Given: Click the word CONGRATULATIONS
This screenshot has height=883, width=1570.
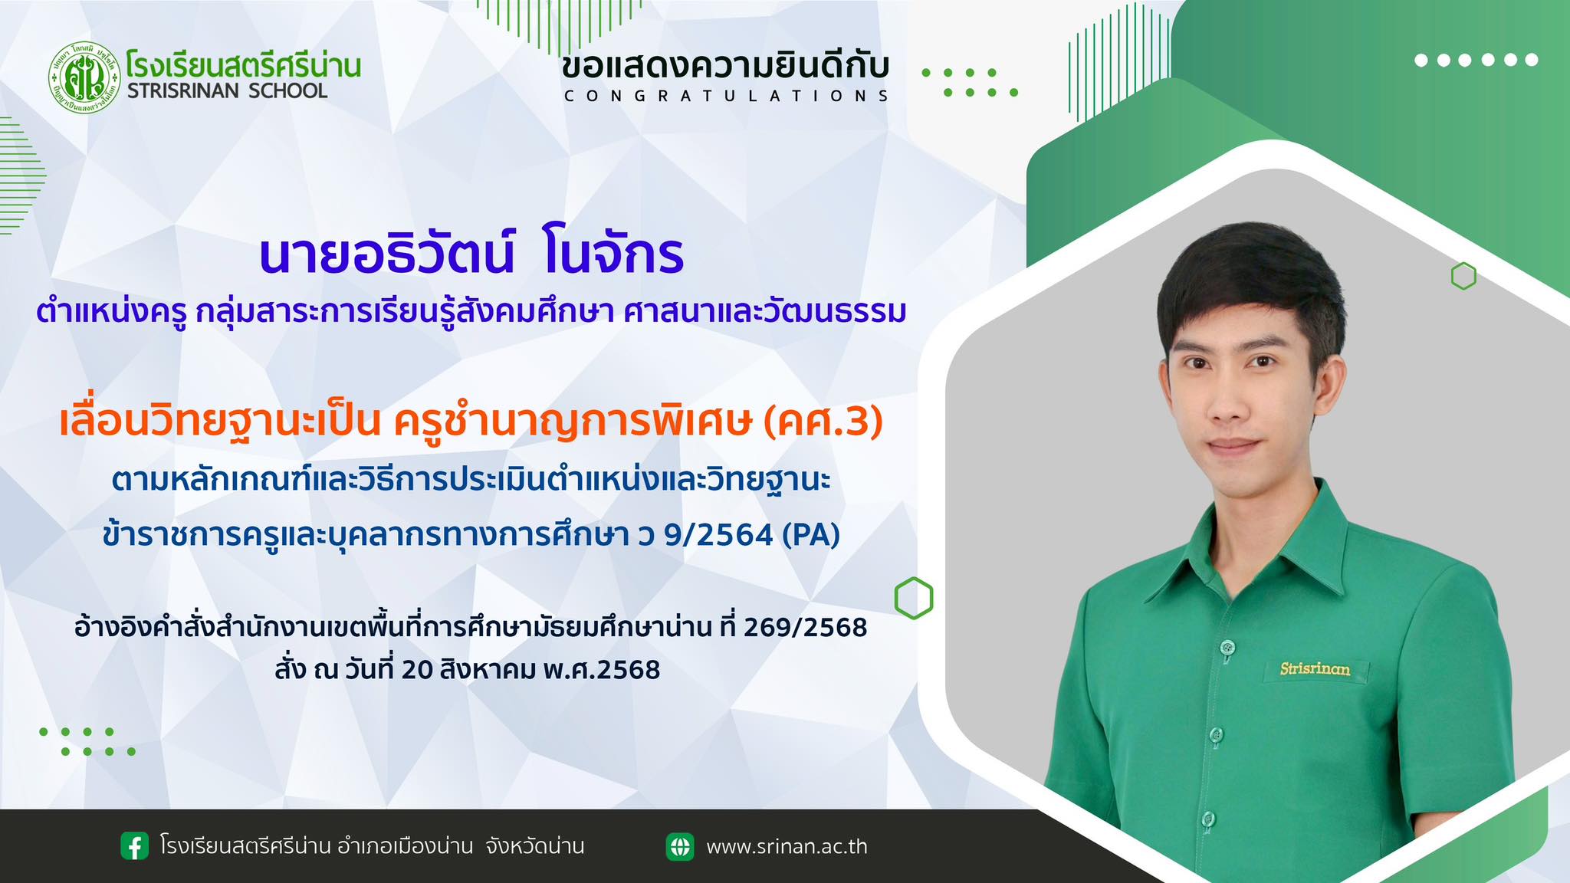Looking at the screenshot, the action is click(726, 96).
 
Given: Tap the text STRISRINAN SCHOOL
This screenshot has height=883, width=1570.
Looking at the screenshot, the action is click(227, 91).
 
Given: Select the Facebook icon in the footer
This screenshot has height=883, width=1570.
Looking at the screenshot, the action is click(135, 846).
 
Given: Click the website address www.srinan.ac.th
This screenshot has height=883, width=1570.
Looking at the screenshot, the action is click(787, 847).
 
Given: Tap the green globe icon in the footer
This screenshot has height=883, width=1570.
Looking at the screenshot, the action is click(680, 846).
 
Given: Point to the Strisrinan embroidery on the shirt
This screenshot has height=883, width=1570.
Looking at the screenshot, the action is click(1315, 669).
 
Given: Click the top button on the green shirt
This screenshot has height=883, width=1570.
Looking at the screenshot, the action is click(1227, 648).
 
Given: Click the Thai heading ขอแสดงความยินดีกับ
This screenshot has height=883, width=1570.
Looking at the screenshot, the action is click(726, 67).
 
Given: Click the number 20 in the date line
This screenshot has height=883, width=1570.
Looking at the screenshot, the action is click(418, 671).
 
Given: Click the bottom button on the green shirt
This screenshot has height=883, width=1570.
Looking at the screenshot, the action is click(1208, 819).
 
